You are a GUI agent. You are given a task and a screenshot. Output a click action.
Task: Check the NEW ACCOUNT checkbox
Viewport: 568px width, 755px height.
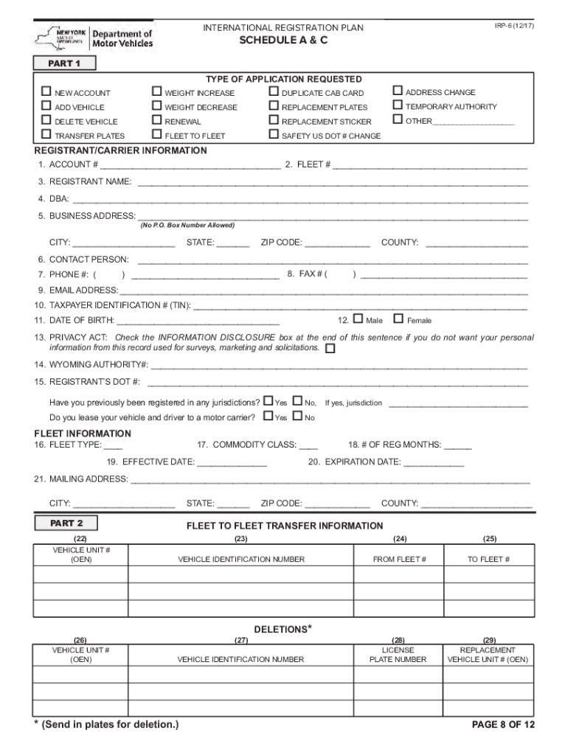tap(46, 92)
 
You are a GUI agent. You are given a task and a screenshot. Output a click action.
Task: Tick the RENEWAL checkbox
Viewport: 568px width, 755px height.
tap(156, 121)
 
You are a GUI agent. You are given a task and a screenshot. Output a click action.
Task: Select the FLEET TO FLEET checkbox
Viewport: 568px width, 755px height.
tap(156, 135)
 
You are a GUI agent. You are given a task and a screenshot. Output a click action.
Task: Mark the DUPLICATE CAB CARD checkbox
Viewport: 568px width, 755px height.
tap(274, 92)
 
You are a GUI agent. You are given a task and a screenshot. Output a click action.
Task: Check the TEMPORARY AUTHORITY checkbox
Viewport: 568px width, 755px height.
tap(398, 106)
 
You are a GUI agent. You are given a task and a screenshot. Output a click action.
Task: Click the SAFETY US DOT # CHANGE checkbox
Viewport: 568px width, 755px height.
tap(274, 135)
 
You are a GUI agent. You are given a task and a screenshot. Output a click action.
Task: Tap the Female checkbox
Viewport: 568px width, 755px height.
tap(398, 319)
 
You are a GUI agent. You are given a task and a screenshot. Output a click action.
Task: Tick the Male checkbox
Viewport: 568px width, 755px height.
tap(359, 319)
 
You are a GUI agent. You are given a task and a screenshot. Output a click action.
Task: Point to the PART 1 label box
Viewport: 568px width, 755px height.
tap(64, 63)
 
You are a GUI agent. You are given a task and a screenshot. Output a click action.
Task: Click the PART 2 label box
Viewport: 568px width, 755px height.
tap(66, 523)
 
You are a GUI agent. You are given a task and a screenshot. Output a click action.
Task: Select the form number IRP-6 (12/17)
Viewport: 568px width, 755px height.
tap(515, 26)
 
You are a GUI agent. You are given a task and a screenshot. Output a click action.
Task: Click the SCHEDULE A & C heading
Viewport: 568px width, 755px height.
tap(283, 41)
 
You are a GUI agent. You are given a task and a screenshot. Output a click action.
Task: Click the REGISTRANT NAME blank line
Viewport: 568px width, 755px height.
tap(332, 182)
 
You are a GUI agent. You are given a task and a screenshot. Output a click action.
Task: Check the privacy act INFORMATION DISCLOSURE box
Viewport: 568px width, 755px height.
tap(330, 348)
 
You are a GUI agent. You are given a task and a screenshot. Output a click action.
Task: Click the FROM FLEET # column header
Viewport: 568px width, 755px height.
tap(400, 560)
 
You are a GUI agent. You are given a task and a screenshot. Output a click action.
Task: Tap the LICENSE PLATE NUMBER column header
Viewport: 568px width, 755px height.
tap(398, 655)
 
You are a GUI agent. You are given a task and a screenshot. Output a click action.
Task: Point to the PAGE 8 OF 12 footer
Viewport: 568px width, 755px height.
tap(503, 725)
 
